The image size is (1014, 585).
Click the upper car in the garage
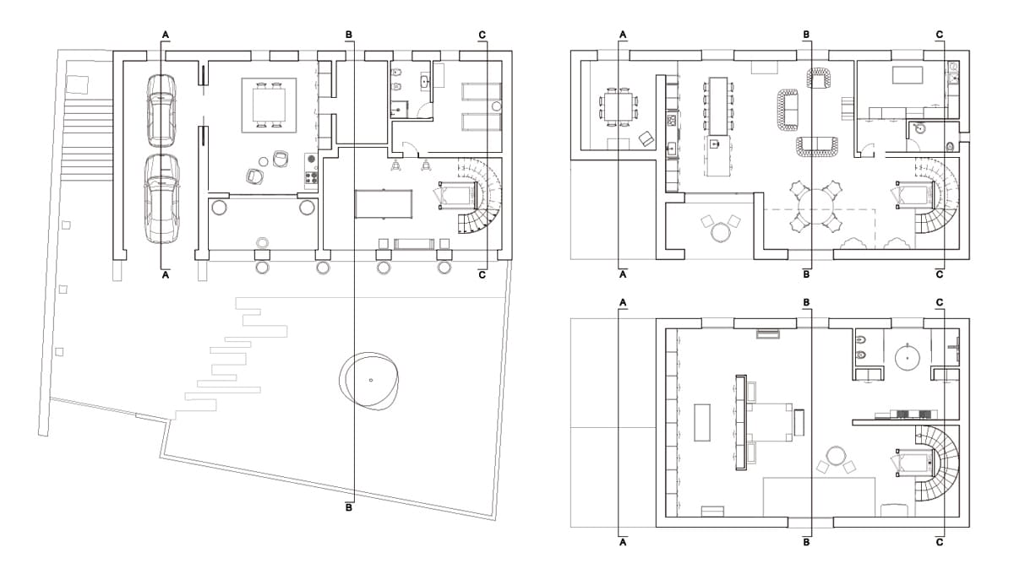click(161, 111)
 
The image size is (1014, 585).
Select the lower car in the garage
click(161, 199)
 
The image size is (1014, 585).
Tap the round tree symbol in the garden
click(369, 381)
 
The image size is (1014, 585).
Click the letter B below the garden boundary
click(348, 507)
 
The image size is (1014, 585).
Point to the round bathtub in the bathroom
click(908, 358)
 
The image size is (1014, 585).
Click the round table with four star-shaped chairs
click(815, 206)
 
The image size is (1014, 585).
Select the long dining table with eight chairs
click(718, 106)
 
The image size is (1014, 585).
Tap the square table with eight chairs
click(618, 107)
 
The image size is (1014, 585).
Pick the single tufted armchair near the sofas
click(820, 78)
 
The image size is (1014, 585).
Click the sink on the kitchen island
click(715, 144)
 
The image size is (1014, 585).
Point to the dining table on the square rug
click(269, 105)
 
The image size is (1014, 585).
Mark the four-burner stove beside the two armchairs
click(311, 177)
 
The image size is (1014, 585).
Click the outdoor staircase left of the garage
click(87, 140)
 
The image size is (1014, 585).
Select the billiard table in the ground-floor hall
click(384, 204)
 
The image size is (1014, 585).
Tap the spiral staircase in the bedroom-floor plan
click(937, 463)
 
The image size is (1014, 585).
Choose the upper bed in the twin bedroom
click(481, 92)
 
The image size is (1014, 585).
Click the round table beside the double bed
click(836, 455)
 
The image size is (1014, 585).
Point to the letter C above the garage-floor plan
click(482, 35)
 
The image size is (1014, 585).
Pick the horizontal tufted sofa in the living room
click(816, 147)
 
